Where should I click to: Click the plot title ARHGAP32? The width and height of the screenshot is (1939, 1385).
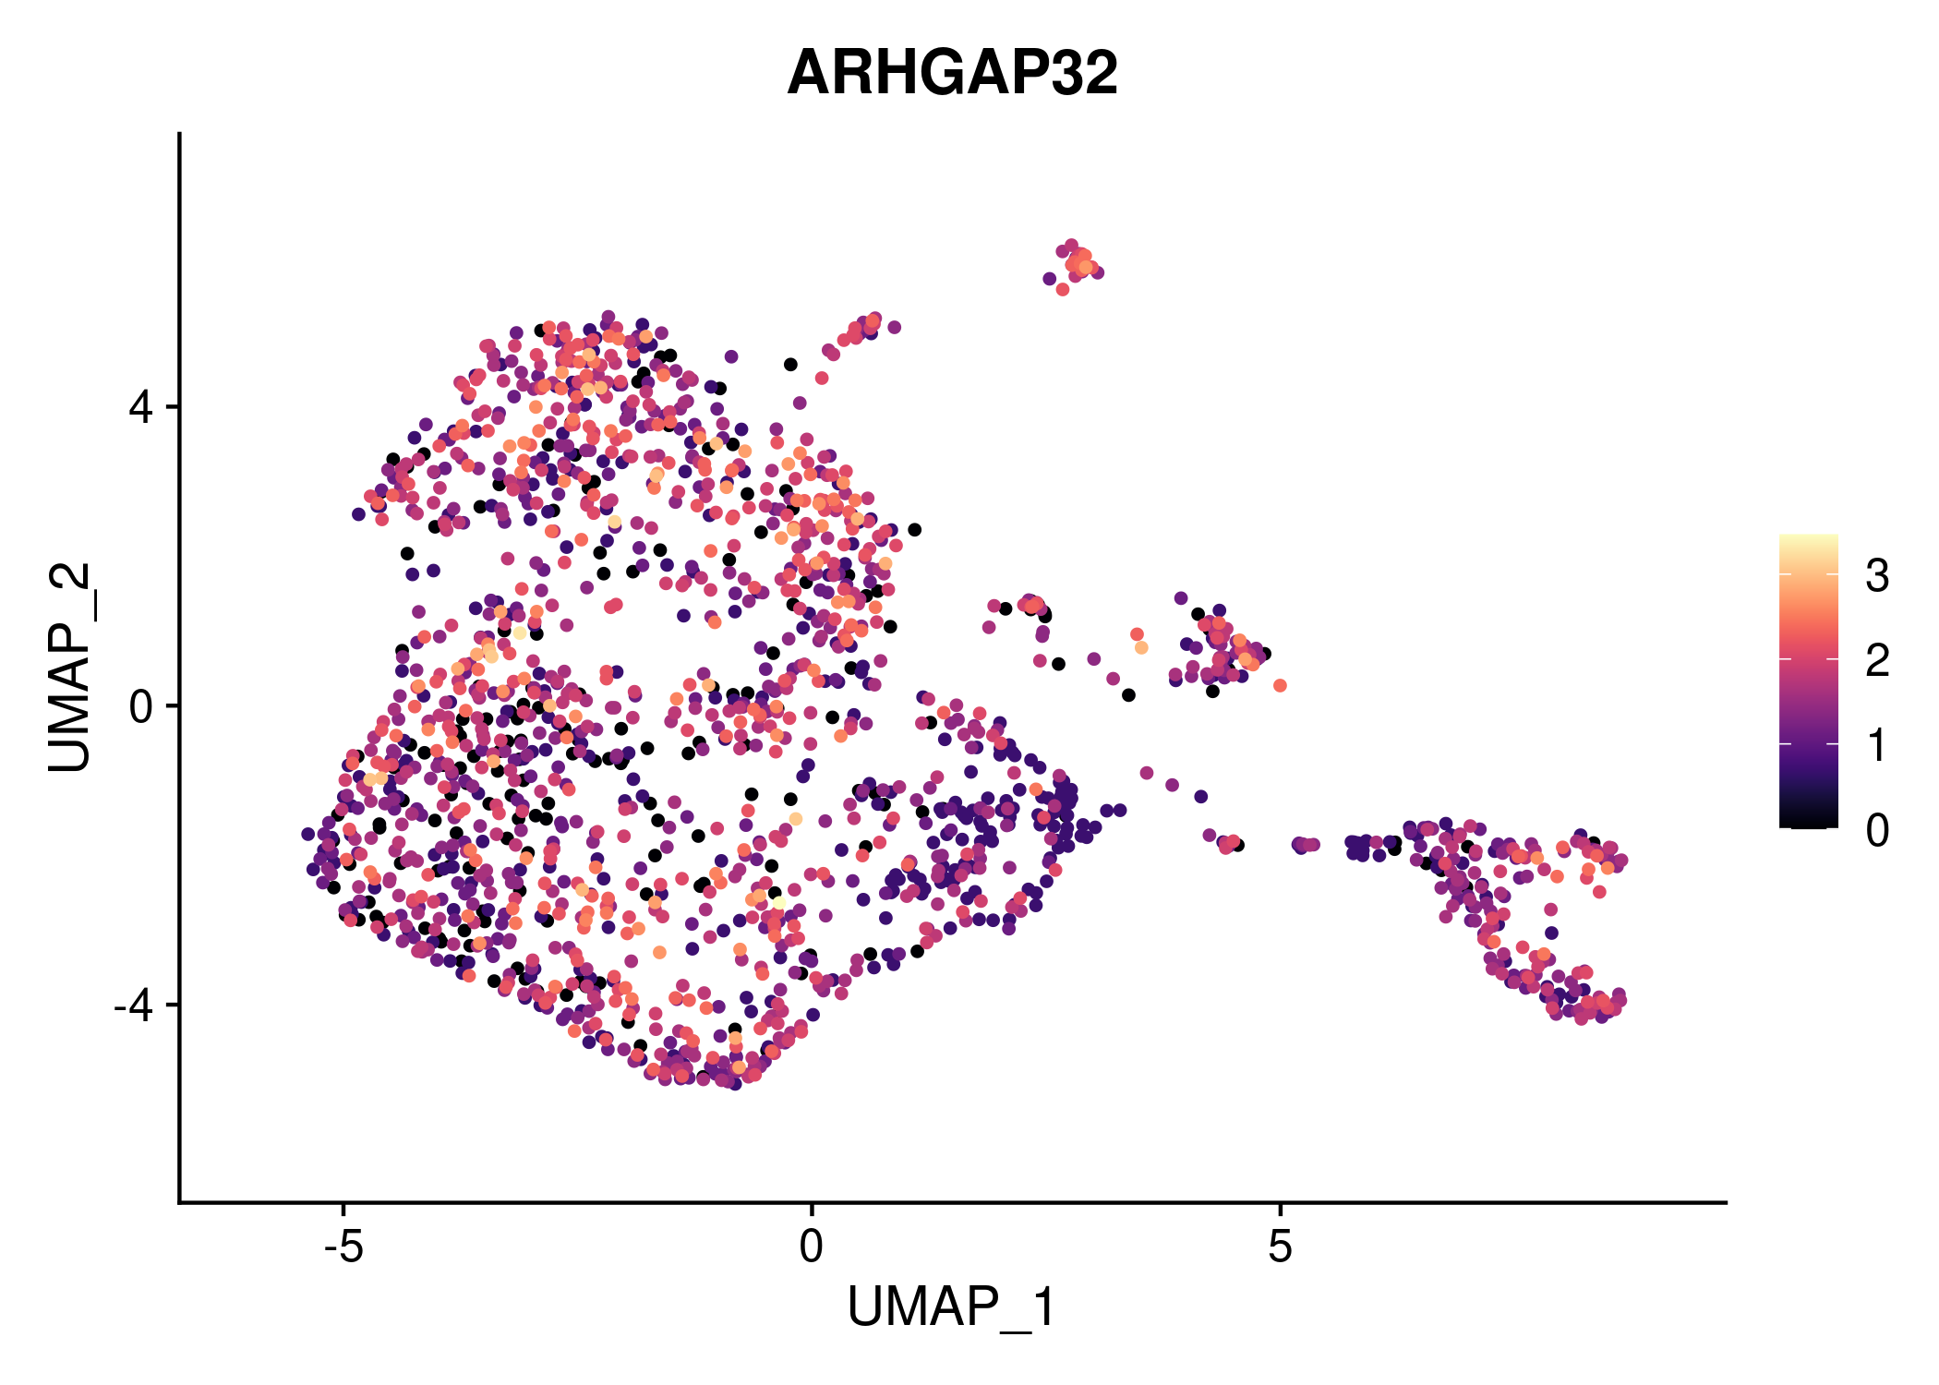click(x=952, y=73)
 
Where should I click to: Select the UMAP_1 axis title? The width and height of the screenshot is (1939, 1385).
click(x=952, y=1307)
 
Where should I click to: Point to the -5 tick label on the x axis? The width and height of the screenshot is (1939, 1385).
click(x=343, y=1247)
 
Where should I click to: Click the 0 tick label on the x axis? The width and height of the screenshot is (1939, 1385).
click(x=811, y=1247)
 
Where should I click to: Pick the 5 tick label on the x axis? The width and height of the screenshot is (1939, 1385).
click(x=1279, y=1247)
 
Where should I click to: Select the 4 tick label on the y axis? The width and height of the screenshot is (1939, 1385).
click(x=141, y=407)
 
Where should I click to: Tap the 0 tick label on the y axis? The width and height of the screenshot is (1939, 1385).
click(x=141, y=706)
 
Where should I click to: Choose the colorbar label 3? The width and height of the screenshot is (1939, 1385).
click(x=1877, y=576)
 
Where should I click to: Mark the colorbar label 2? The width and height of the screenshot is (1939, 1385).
click(x=1877, y=660)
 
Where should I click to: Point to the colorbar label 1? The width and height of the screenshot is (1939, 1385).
click(x=1877, y=745)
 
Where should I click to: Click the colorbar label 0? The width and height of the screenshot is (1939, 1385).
click(x=1877, y=830)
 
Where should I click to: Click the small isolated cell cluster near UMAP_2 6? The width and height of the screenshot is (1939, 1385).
click(x=1074, y=267)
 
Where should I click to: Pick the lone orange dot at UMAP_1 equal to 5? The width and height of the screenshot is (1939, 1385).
click(x=1280, y=685)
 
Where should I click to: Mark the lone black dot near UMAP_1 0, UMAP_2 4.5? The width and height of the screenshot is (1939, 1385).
click(x=790, y=365)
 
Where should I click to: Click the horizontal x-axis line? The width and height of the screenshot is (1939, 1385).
click(x=952, y=1202)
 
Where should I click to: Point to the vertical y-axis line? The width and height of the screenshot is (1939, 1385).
click(x=179, y=668)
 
